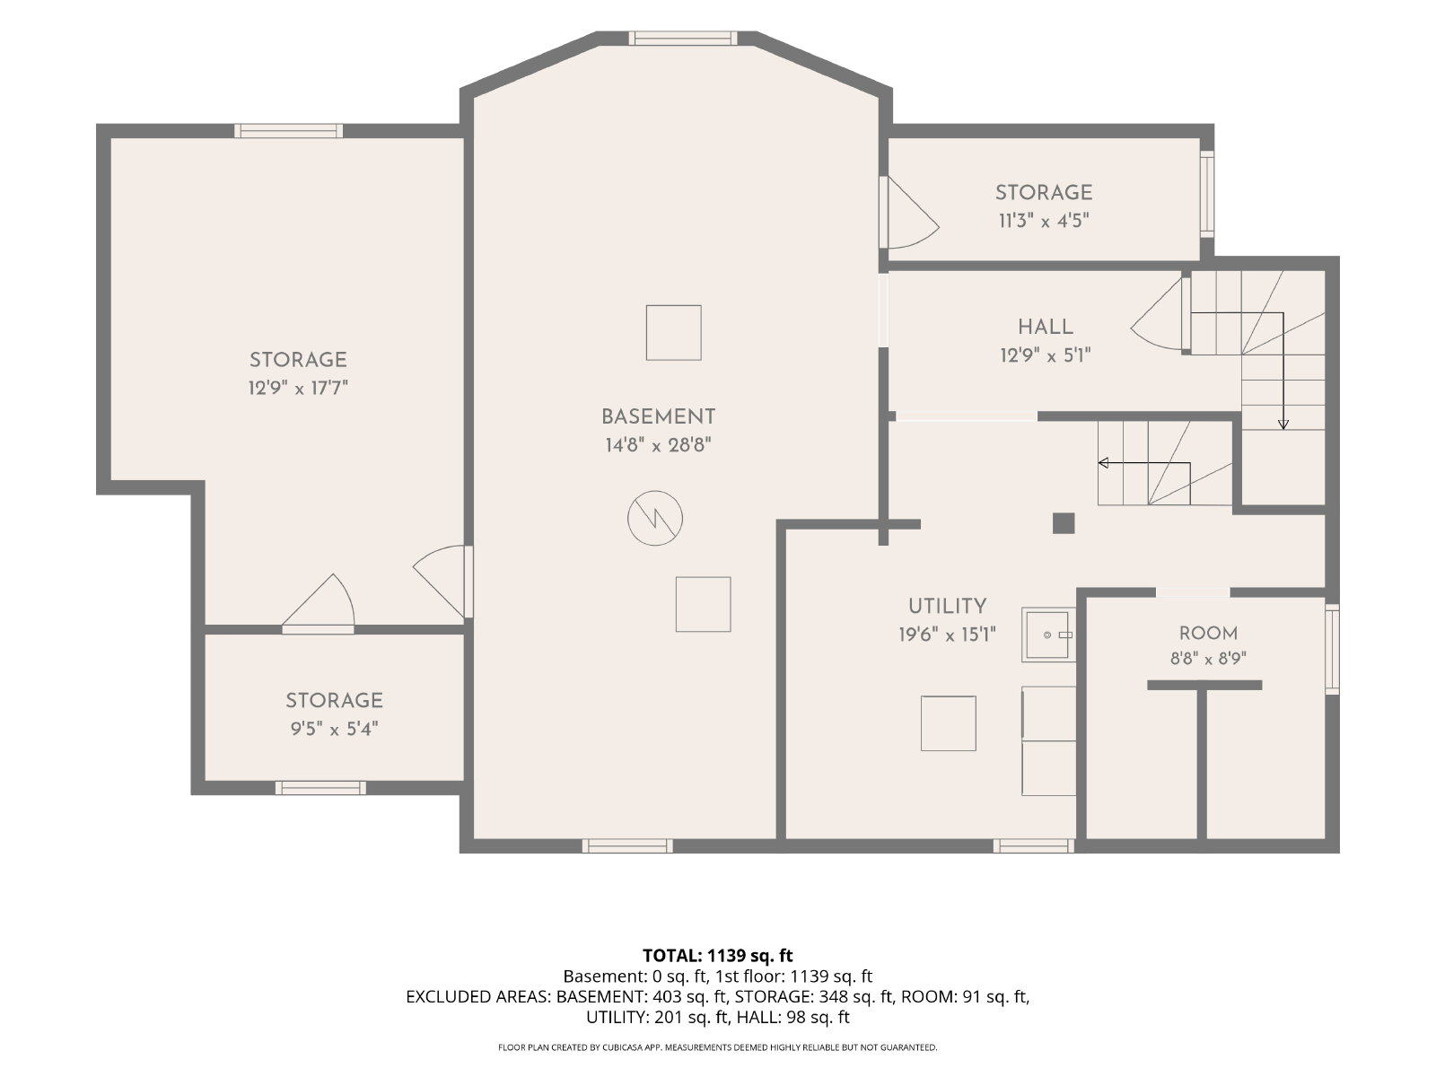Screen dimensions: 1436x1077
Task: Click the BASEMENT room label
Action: click(x=658, y=416)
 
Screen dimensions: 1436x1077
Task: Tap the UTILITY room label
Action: click(x=947, y=606)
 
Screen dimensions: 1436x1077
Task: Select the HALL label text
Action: click(x=1045, y=327)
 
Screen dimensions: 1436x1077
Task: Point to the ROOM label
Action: click(x=1208, y=633)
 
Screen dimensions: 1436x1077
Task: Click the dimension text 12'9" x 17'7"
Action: click(x=298, y=388)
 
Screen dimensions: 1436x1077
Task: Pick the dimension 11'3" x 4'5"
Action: click(x=1044, y=221)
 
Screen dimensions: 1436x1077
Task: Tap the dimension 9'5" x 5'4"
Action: click(x=334, y=729)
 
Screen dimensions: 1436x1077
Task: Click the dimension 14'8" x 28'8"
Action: click(x=658, y=445)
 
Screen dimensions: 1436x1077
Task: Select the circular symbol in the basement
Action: click(x=655, y=518)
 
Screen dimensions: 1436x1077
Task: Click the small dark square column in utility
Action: click(x=1064, y=524)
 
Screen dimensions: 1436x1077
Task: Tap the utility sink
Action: click(x=1048, y=635)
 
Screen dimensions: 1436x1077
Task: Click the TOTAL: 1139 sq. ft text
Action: click(x=718, y=955)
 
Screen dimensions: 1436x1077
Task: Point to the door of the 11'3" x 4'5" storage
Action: click(x=909, y=213)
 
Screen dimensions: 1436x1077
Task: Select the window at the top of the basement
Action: click(x=683, y=38)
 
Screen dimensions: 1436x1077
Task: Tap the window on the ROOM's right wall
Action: click(x=1332, y=649)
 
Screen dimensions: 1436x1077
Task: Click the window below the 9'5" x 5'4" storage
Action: click(x=320, y=788)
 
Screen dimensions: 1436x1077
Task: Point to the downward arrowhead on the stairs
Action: click(x=1283, y=425)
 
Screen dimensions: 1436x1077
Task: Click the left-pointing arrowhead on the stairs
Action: click(x=1103, y=463)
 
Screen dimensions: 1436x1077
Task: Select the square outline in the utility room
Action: click(x=948, y=723)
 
